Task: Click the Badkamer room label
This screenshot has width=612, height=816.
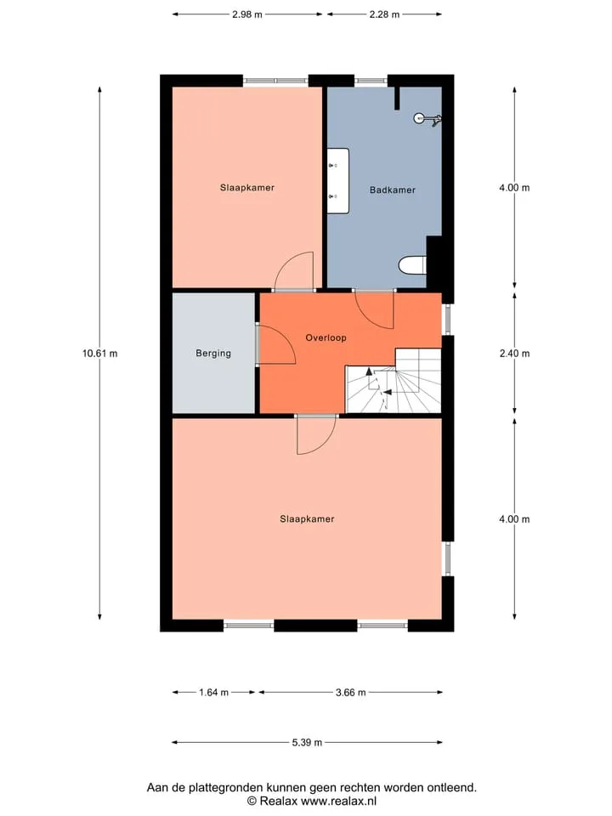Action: coord(393,190)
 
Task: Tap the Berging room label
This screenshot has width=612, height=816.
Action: coord(213,354)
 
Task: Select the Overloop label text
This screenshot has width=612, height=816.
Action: coord(326,337)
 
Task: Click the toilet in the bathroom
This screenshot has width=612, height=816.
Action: coord(413,265)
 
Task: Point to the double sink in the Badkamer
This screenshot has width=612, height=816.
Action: coord(337,180)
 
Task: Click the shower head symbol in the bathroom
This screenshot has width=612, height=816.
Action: coord(428,119)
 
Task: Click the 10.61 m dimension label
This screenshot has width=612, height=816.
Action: coord(100,354)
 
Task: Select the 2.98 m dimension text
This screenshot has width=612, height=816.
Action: coord(247,14)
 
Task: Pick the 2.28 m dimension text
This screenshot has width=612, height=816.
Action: coord(384,14)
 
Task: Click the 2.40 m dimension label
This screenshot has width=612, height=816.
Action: coord(515,354)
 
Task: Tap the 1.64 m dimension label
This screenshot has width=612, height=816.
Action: coord(214,692)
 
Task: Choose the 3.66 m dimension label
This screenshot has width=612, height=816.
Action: coord(351,692)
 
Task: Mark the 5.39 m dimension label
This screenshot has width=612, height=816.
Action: coord(307,743)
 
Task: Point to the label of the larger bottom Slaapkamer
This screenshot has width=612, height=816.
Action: coord(307,518)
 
